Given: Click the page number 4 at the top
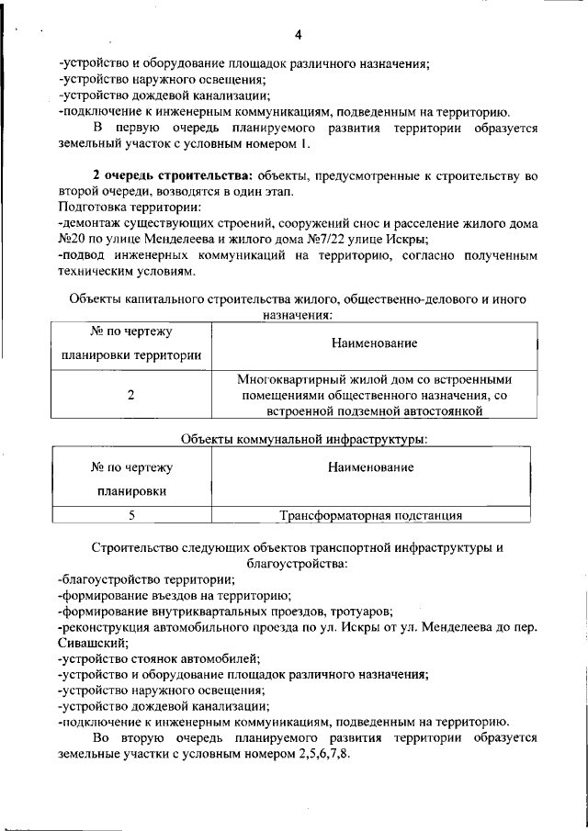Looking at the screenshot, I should pos(298,36).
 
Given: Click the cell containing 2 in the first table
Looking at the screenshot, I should pos(131,395).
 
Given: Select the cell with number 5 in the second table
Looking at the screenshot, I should pos(131,515).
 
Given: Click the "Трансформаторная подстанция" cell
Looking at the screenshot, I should pos(370,515).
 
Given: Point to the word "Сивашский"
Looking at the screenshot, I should pos(91,644).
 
